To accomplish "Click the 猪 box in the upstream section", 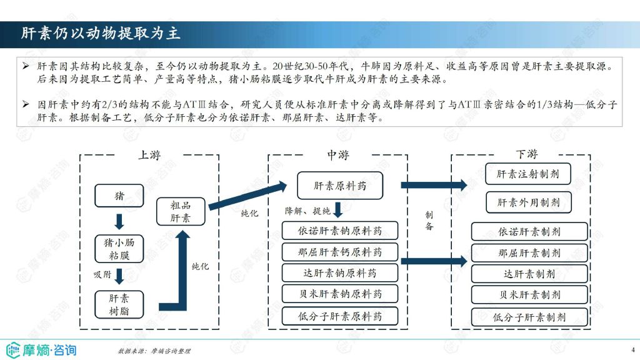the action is [119, 196].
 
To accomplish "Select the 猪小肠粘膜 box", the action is [119, 249].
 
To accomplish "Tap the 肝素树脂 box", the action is [119, 304].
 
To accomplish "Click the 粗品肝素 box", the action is [181, 211].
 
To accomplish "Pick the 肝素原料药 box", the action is [340, 186].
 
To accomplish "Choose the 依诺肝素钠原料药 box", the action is [340, 231].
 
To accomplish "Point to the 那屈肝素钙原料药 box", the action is [340, 252].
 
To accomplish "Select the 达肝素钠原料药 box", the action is [340, 272].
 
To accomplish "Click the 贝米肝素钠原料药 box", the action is [340, 294].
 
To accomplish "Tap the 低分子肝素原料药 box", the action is [340, 316].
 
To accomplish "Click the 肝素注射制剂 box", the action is [528, 174].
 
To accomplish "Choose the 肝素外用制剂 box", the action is [529, 202].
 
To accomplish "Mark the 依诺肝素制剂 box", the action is [529, 231].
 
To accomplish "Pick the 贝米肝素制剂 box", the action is [529, 294].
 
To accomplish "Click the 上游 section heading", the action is [150, 155].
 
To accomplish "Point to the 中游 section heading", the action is [338, 155].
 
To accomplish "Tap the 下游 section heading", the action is [527, 154].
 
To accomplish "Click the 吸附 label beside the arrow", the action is [102, 274].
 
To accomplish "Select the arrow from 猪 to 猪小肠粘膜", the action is [119, 221].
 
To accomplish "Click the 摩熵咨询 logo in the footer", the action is [41, 350].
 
